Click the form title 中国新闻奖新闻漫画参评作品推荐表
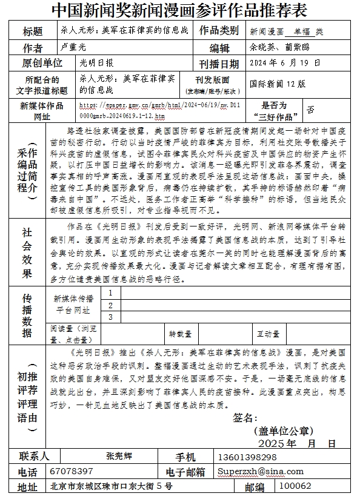179,11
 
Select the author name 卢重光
75,46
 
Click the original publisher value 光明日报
96,62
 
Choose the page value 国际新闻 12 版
278,85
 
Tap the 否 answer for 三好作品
310,110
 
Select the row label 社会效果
27,253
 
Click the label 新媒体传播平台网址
73,304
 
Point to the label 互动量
268,333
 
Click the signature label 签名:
246,418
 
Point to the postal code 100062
296,486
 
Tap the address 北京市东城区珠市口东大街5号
112,486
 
